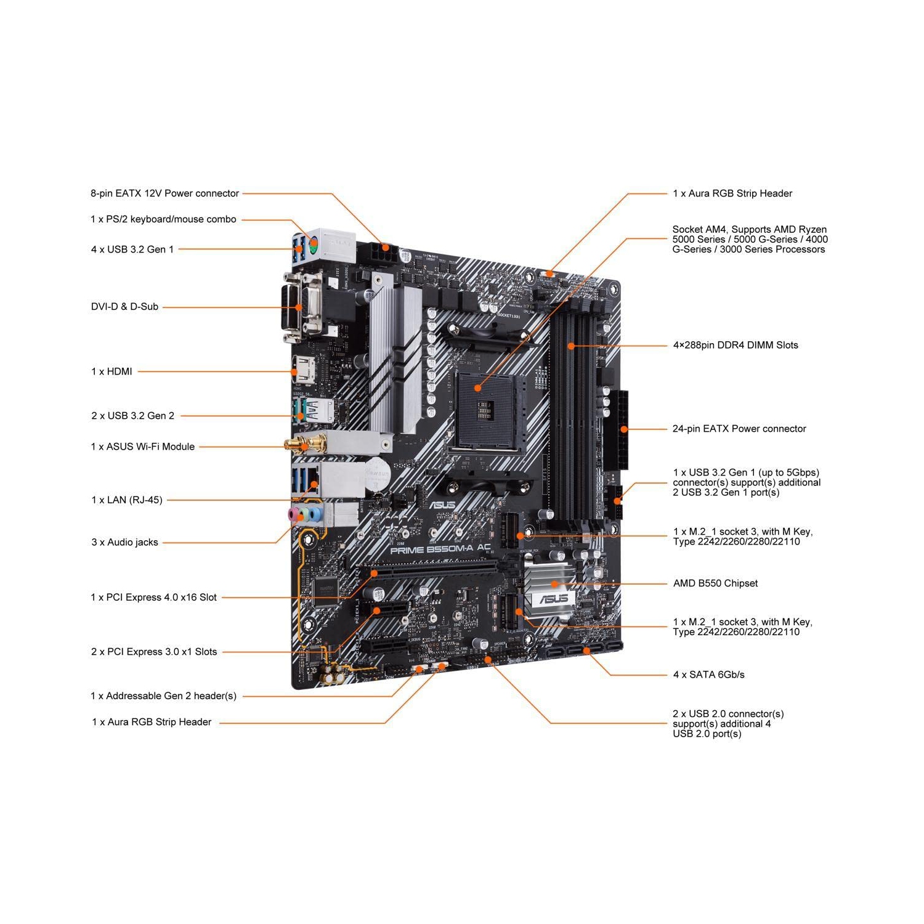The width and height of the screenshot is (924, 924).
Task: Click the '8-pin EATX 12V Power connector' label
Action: (164, 193)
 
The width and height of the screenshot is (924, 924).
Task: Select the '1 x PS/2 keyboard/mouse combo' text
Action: (163, 219)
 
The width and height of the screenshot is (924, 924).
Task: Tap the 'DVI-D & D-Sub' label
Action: (124, 307)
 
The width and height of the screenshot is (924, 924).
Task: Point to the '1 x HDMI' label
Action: (111, 371)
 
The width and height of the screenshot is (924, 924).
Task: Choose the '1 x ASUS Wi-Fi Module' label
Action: (143, 447)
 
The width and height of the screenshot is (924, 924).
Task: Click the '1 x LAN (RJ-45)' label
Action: (127, 500)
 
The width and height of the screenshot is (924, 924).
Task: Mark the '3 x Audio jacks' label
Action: (124, 543)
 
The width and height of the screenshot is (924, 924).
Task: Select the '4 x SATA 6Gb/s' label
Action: (708, 675)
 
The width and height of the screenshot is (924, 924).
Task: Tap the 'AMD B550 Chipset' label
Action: (715, 583)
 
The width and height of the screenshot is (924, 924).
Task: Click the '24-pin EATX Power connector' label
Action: (739, 429)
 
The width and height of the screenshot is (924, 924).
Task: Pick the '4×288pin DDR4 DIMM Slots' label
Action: (736, 346)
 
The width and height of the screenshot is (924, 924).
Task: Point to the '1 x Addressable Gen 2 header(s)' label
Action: (163, 696)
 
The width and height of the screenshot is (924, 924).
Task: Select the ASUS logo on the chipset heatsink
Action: (553, 599)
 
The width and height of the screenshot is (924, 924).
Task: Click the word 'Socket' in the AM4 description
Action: (687, 230)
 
